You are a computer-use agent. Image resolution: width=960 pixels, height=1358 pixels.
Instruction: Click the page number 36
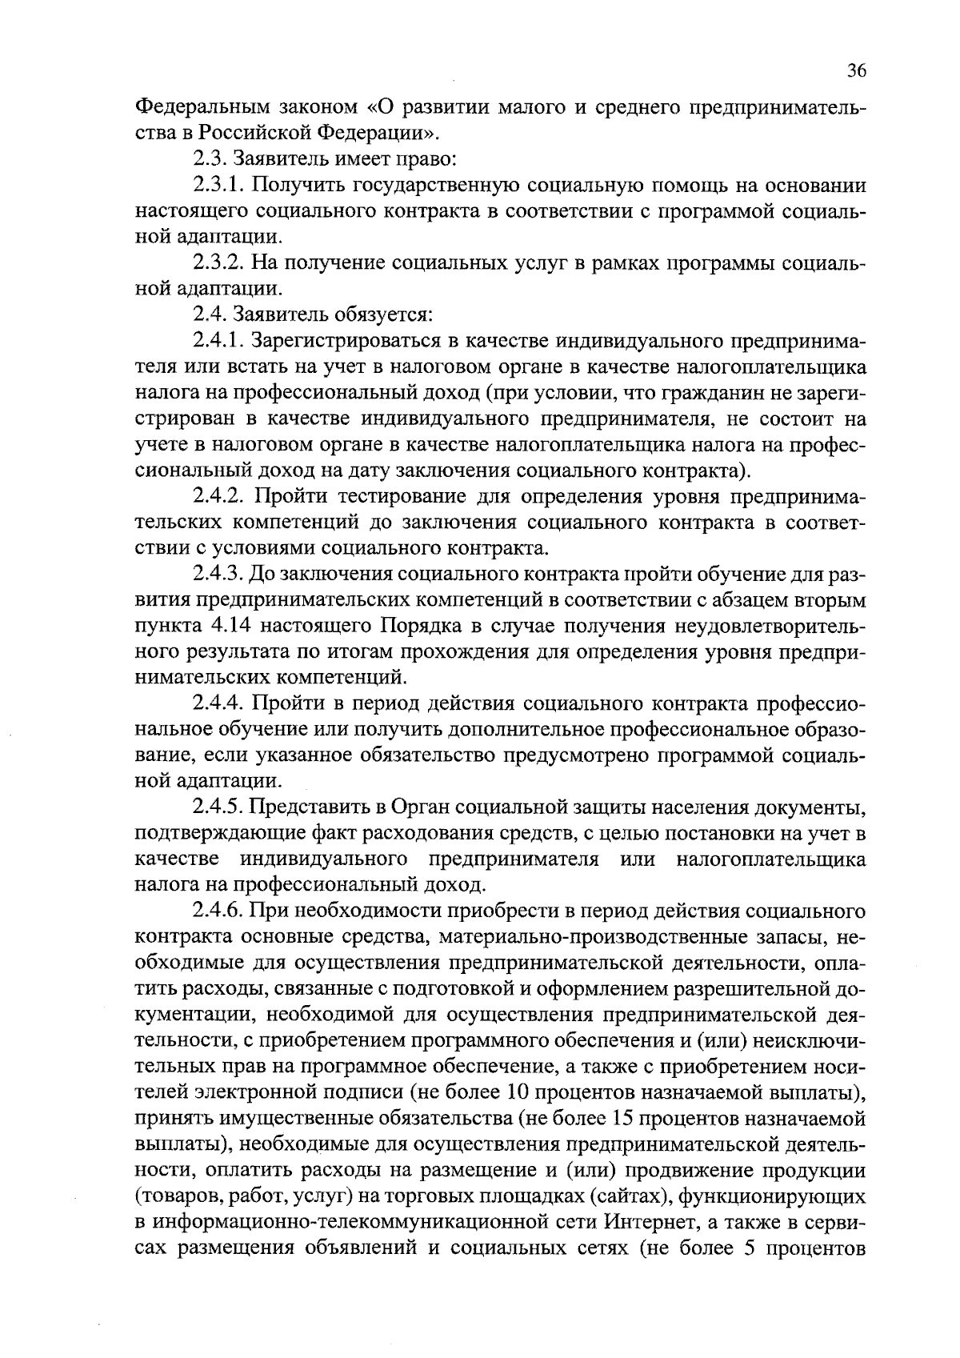point(856,71)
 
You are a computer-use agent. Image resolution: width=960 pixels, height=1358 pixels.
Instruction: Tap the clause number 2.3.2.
point(220,263)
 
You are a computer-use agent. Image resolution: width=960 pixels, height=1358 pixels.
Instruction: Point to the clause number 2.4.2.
point(219,497)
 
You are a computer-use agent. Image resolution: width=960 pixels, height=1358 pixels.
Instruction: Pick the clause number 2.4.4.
point(219,704)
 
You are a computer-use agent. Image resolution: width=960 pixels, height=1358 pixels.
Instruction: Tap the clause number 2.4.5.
point(219,807)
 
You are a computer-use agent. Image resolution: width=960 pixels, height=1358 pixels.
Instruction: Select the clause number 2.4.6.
point(219,911)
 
